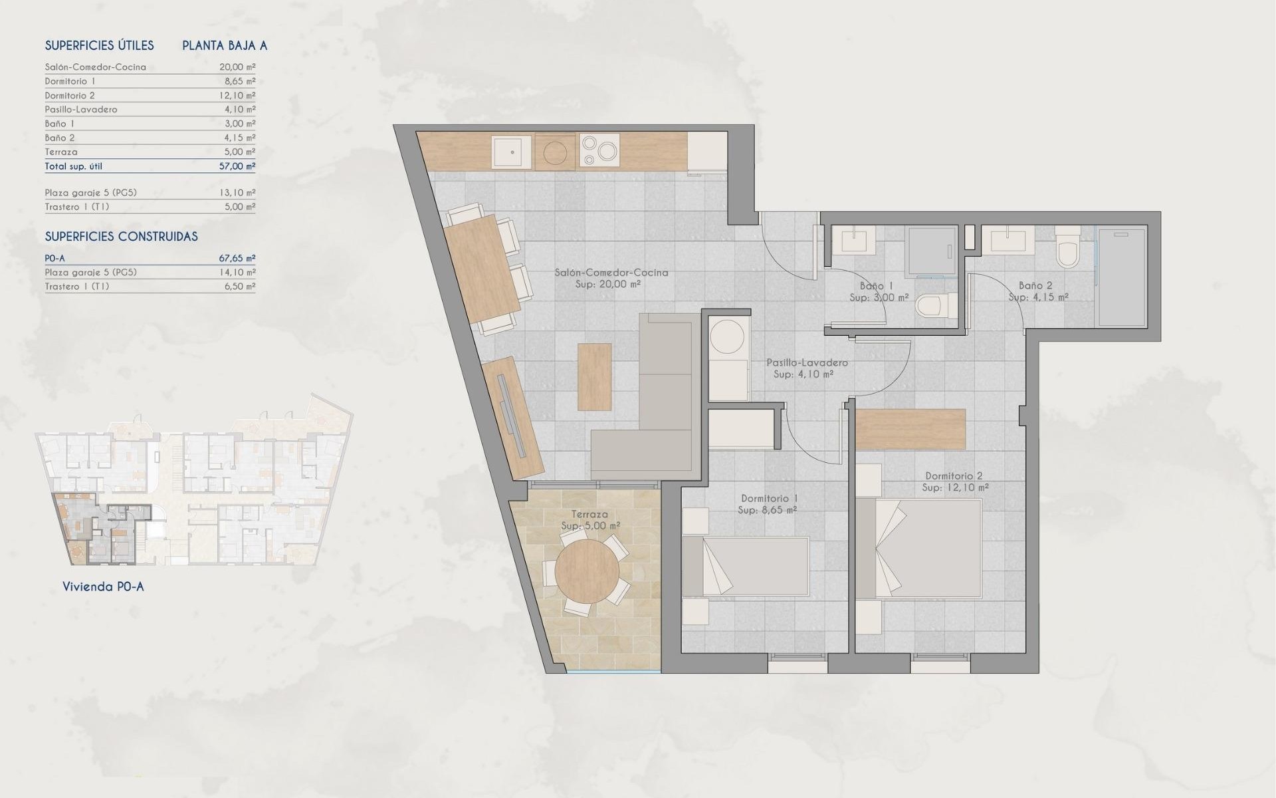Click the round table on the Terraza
pyautogui.click(x=587, y=571)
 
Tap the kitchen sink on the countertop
pyautogui.click(x=512, y=152)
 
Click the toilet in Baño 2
pyautogui.click(x=1068, y=249)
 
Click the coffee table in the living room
pyautogui.click(x=594, y=377)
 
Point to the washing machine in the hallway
pyautogui.click(x=727, y=338)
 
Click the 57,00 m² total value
pyautogui.click(x=237, y=166)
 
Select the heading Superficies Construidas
pyautogui.click(x=121, y=237)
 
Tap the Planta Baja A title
pyautogui.click(x=225, y=46)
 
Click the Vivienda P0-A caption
pyautogui.click(x=103, y=587)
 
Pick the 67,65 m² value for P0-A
pyautogui.click(x=237, y=258)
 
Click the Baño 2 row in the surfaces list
pyautogui.click(x=60, y=138)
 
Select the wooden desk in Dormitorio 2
pyautogui.click(x=910, y=429)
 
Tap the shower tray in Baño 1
pyautogui.click(x=930, y=251)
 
